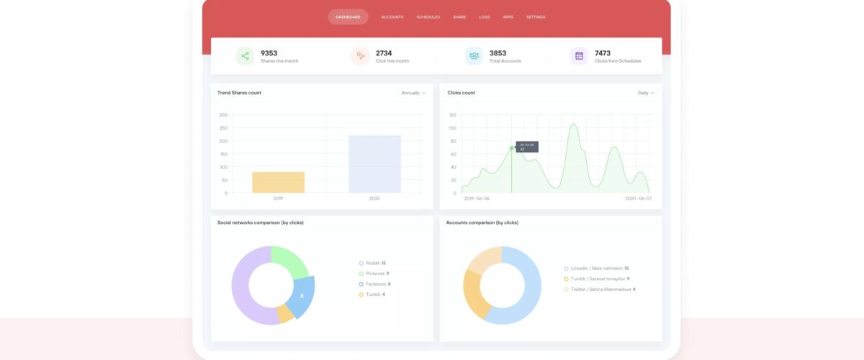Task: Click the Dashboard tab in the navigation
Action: [348, 17]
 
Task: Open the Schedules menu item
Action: [428, 17]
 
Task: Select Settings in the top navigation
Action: [536, 17]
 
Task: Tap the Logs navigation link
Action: [485, 17]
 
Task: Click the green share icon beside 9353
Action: [246, 56]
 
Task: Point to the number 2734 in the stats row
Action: [384, 53]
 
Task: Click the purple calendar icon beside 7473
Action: [580, 56]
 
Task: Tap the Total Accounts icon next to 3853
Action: [474, 56]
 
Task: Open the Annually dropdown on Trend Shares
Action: [413, 93]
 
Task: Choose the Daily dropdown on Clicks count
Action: [646, 93]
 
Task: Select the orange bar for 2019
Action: [278, 182]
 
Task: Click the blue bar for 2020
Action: [374, 164]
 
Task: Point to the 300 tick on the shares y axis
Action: [223, 115]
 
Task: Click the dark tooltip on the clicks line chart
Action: [526, 147]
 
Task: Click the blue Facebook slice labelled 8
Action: [301, 296]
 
